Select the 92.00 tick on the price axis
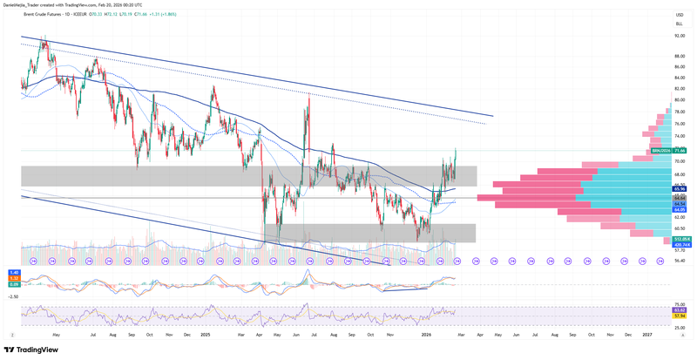(x=678, y=36)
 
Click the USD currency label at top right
(x=679, y=15)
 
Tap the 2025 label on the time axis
(x=206, y=334)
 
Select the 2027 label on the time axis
(x=648, y=334)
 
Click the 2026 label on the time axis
(x=426, y=334)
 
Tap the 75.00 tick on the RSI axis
(x=678, y=302)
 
